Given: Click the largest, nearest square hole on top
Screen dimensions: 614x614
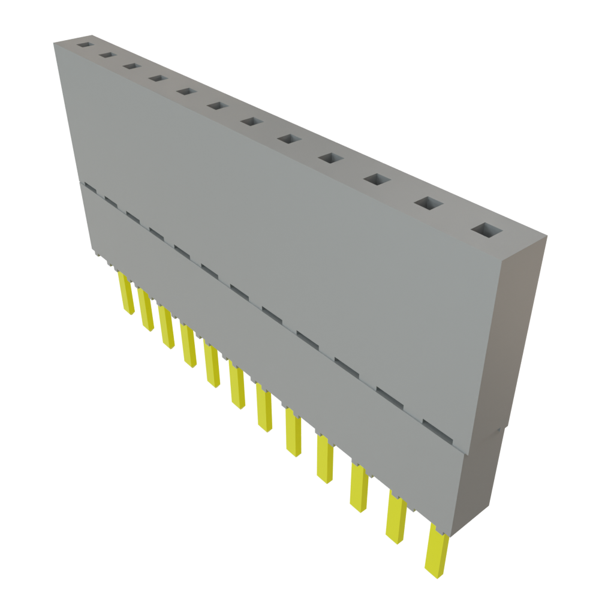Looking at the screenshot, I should tap(486, 230).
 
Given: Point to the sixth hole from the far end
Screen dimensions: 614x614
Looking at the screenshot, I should tap(218, 106).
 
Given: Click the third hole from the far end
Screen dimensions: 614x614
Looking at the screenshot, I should tap(131, 65).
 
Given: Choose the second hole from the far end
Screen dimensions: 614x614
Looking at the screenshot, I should tap(107, 55).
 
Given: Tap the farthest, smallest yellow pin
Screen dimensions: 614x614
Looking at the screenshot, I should tap(127, 294).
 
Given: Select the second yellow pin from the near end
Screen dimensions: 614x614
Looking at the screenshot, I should tap(396, 517).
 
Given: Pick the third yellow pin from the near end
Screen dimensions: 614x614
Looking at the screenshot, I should tap(359, 489).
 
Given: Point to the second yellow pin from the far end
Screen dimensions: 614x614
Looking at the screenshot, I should tap(146, 310).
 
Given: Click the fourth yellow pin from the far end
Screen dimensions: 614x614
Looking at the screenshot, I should tap(189, 346).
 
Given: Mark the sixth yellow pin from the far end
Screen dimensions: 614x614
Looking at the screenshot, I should tap(237, 389).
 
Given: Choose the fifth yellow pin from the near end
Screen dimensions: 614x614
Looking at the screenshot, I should tap(293, 433).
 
